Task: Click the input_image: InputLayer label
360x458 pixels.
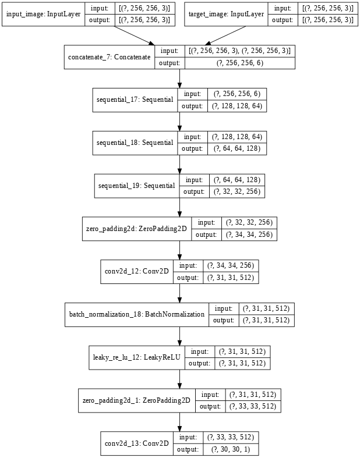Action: coord(43,14)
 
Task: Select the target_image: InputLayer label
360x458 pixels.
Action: coord(226,14)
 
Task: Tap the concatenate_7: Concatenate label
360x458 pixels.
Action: coord(110,57)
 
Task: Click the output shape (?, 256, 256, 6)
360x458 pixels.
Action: coord(240,63)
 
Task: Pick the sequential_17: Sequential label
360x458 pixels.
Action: coord(135,100)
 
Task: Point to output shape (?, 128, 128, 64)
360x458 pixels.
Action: coord(237,106)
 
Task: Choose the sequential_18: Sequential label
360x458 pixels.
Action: coord(135,143)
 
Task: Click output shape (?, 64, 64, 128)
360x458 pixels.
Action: coord(237,148)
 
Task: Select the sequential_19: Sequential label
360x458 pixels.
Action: coord(136,186)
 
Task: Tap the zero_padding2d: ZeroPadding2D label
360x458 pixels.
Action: coord(136,229)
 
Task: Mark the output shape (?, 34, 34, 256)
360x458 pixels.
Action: coord(249,235)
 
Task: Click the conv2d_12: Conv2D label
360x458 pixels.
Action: coord(136,271)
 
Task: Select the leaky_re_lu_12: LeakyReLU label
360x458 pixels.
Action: coord(136,357)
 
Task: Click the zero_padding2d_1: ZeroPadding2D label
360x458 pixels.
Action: coord(136,400)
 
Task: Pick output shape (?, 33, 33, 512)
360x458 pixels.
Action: coord(253,406)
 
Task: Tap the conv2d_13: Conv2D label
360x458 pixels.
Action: coord(136,443)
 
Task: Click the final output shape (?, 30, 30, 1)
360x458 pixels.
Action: coord(231,449)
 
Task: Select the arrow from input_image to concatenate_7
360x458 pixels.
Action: coord(135,35)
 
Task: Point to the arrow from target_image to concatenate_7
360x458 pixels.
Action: coord(225,35)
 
